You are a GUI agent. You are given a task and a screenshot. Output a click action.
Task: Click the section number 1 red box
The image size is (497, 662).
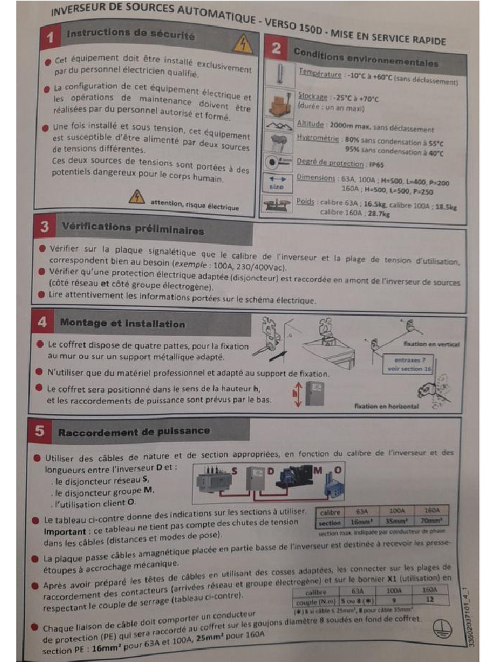tap(50, 38)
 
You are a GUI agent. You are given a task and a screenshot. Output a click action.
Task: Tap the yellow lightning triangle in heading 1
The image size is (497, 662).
tap(242, 43)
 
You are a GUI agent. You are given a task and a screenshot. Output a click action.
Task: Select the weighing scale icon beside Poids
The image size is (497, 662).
tap(277, 206)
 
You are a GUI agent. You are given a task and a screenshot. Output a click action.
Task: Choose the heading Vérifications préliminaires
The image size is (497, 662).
tap(132, 228)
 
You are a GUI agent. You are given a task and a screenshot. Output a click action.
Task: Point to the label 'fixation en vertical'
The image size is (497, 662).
tap(430, 344)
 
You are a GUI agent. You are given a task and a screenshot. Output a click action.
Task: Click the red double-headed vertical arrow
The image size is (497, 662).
tap(298, 394)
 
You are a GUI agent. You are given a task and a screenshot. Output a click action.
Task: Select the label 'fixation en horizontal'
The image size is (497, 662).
tap(386, 406)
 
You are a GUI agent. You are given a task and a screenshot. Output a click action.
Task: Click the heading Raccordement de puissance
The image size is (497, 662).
tap(134, 431)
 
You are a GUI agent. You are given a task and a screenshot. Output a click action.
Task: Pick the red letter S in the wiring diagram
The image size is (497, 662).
tap(234, 471)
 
